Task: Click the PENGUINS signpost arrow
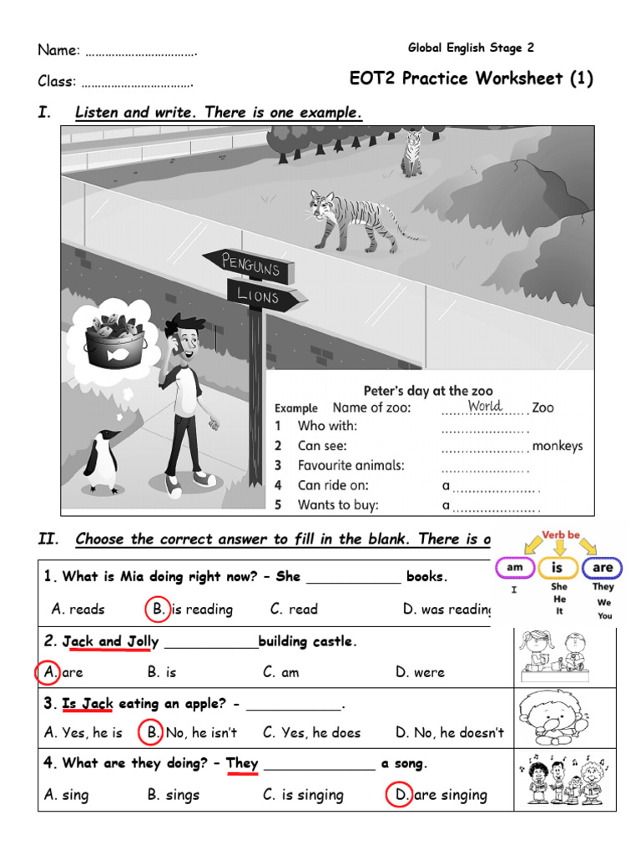(x=248, y=265)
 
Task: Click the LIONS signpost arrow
(x=265, y=296)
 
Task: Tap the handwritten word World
(x=484, y=406)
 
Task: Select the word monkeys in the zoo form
(x=557, y=446)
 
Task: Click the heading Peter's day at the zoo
(x=427, y=390)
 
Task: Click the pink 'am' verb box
(x=514, y=568)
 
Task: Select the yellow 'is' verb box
(x=558, y=569)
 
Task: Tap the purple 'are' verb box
(x=602, y=568)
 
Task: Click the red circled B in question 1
(x=158, y=609)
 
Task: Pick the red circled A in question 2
(x=48, y=671)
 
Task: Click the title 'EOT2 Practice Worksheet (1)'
(x=471, y=78)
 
